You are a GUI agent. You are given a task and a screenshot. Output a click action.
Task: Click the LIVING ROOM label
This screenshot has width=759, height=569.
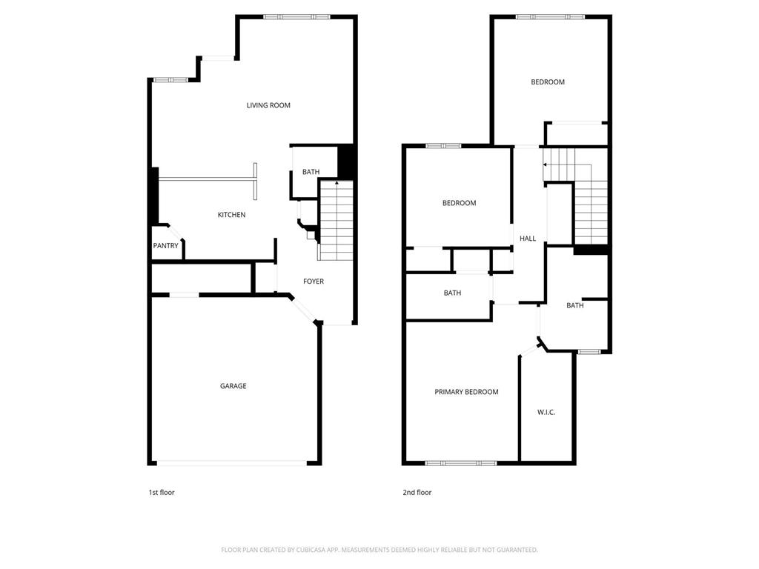click(268, 105)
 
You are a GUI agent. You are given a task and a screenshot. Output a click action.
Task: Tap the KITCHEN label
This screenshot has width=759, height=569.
click(231, 215)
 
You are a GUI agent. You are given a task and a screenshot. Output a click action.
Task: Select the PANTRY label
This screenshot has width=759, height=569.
click(165, 246)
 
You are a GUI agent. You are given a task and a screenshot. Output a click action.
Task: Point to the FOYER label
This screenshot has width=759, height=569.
click(314, 282)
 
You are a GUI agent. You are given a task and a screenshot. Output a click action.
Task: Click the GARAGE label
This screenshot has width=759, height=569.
click(233, 386)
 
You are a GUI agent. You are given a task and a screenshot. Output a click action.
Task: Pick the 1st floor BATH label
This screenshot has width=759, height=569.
click(311, 173)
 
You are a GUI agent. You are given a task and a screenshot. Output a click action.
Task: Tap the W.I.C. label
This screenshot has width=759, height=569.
click(546, 412)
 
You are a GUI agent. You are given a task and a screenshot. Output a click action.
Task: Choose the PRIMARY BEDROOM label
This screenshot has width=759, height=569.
click(466, 392)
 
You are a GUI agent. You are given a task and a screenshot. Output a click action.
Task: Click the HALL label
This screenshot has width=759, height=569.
click(528, 239)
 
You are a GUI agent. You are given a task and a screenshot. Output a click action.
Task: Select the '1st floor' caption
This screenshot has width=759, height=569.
click(162, 493)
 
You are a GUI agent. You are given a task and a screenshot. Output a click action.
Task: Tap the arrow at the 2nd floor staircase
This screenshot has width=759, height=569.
click(546, 164)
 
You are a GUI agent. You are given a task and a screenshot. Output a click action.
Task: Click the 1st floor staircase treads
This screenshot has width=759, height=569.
click(336, 222)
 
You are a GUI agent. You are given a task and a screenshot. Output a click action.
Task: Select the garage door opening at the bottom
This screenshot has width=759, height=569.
click(233, 464)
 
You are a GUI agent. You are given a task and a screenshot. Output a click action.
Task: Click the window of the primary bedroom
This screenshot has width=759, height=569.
click(460, 463)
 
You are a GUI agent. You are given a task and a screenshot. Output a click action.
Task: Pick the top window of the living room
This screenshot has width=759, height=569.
click(296, 16)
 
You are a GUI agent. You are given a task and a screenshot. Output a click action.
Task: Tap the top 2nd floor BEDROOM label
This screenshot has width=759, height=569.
click(548, 82)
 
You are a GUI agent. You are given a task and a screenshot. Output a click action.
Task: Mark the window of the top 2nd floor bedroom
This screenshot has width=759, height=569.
click(550, 16)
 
